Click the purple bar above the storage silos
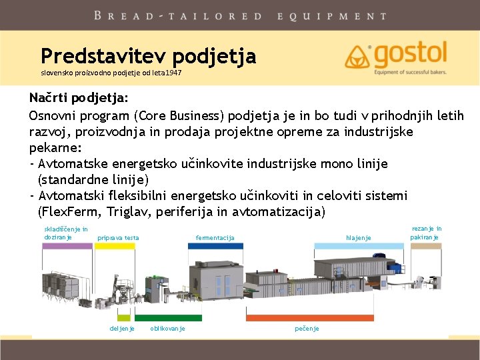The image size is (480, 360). click(67, 246)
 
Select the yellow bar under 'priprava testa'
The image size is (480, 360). click(115, 246)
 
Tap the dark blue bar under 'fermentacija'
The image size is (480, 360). click(215, 246)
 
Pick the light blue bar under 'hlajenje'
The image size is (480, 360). click(359, 246)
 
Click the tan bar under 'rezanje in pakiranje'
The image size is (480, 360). click(426, 246)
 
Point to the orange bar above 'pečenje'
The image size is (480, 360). click(310, 318)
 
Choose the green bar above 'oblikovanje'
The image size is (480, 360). click(169, 318)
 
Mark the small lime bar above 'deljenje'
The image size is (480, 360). click(124, 318)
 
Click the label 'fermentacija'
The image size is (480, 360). click(215, 237)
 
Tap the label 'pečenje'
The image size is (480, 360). click(307, 329)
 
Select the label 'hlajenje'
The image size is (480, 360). click(359, 237)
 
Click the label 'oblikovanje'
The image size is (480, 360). click(167, 329)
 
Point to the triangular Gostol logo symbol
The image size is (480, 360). click(357, 57)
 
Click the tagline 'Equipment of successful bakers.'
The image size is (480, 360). click(410, 72)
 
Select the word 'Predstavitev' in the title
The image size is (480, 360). click(103, 56)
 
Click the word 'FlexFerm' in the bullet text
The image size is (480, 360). click(71, 211)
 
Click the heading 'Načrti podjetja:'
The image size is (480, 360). click(79, 98)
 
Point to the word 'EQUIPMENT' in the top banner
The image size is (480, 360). click(332, 16)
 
